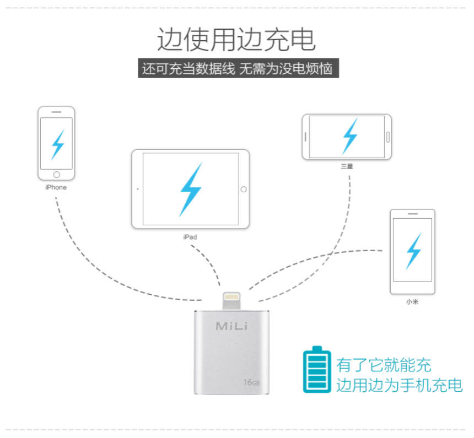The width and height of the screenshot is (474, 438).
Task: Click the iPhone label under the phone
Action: [56, 187]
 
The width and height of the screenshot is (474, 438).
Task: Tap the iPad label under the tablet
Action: [190, 237]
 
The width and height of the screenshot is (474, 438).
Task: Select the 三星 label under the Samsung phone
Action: [347, 166]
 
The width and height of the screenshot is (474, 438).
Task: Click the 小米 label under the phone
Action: [412, 302]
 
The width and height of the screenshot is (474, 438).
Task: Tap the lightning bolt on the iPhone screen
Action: [57, 144]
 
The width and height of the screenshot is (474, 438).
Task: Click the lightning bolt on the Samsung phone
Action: [348, 136]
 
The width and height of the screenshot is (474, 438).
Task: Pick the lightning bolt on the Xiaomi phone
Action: [413, 250]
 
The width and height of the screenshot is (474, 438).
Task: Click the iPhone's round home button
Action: [56, 175]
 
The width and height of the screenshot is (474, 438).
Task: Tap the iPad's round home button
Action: [243, 189]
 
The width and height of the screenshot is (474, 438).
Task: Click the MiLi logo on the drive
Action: [231, 326]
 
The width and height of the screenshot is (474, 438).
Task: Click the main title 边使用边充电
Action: [236, 40]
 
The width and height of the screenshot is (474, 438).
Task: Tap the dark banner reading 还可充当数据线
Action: [237, 69]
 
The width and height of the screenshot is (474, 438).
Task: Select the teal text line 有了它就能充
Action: [384, 365]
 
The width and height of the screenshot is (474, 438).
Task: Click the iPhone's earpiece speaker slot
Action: [56, 112]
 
